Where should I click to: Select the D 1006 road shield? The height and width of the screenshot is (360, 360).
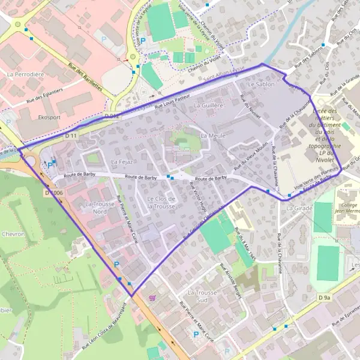pyautogui.click(x=53, y=193)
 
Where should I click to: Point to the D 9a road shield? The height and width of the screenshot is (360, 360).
pyautogui.click(x=325, y=298)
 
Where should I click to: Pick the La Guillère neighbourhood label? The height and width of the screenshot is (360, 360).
pyautogui.click(x=209, y=105)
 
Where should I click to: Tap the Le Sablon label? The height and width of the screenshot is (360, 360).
pyautogui.click(x=260, y=85)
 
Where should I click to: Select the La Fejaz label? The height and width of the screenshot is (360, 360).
pyautogui.click(x=121, y=162)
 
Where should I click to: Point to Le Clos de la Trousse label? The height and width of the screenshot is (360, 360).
pyautogui.click(x=161, y=202)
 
